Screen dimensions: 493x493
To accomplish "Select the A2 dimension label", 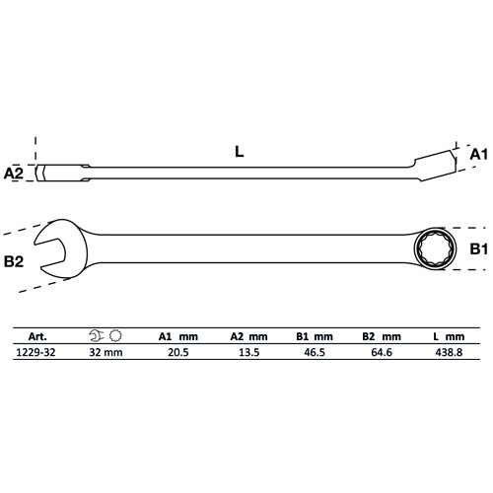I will pos(13,173).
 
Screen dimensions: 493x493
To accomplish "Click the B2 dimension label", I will pos(13,261).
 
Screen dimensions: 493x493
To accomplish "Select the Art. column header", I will pos(38,335).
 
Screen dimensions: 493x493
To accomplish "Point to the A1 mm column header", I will pos(178,335).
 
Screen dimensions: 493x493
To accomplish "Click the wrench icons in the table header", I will pos(106,335).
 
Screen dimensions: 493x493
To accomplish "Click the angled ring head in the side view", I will pos(433,159).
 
